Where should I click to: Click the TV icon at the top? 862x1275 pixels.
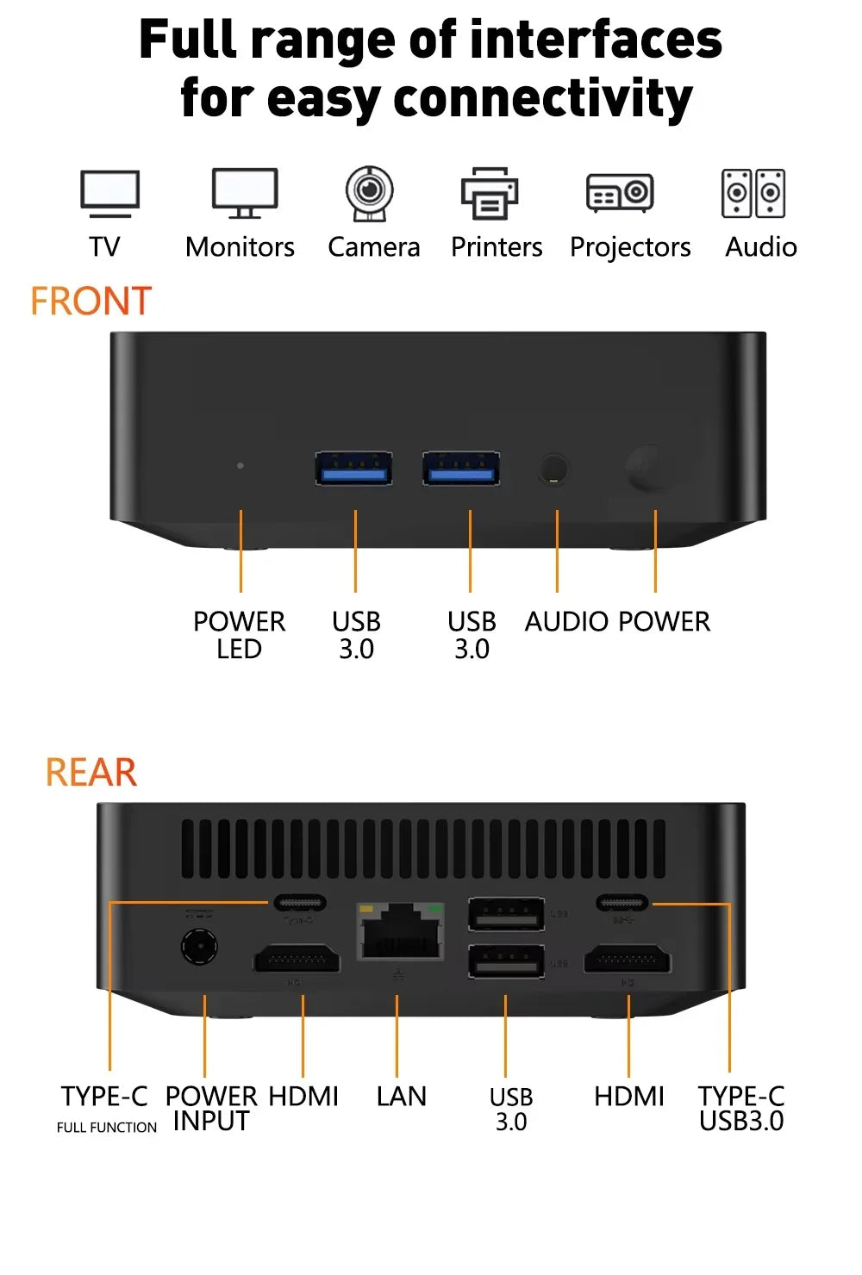pyautogui.click(x=109, y=193)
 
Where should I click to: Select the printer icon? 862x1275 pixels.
pyautogui.click(x=489, y=193)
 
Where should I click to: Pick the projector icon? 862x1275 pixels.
pyautogui.click(x=620, y=193)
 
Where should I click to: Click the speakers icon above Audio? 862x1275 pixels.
pyautogui.click(x=753, y=193)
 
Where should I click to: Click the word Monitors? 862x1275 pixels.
pyautogui.click(x=240, y=247)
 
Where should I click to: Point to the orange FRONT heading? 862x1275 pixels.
pyautogui.click(x=91, y=302)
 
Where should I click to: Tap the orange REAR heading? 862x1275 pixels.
pyautogui.click(x=91, y=772)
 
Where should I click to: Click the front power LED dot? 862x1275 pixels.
pyautogui.click(x=240, y=465)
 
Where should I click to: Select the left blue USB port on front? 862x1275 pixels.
pyautogui.click(x=353, y=468)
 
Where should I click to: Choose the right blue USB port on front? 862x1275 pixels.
pyautogui.click(x=461, y=468)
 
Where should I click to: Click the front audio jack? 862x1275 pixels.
pyautogui.click(x=553, y=470)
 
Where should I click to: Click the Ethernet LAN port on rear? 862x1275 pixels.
pyautogui.click(x=401, y=931)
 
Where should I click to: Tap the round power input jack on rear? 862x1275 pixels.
pyautogui.click(x=199, y=948)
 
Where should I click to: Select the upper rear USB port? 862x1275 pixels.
pyautogui.click(x=506, y=914)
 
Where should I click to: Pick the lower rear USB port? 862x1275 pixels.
pyautogui.click(x=506, y=961)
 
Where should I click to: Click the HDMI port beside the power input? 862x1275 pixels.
pyautogui.click(x=296, y=960)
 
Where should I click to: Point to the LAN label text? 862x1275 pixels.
pyautogui.click(x=402, y=1097)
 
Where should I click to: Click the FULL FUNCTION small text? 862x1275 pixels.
pyautogui.click(x=107, y=1128)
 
